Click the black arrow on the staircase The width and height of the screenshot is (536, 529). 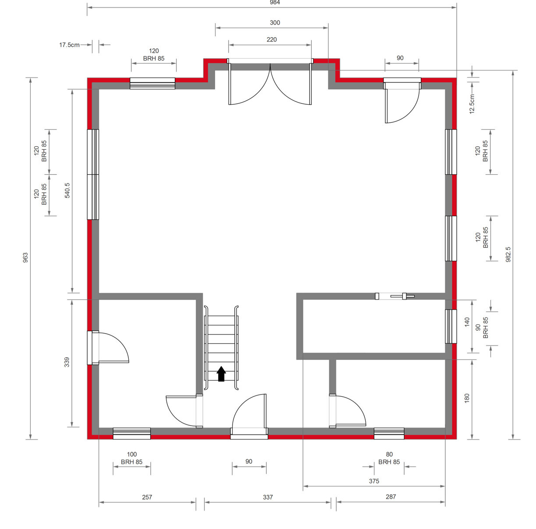(x=221, y=374)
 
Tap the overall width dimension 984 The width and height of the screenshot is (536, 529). (x=275, y=3)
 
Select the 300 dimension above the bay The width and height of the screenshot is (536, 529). (x=275, y=22)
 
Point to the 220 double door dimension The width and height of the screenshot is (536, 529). (x=272, y=39)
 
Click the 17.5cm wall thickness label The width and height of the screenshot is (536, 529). (x=69, y=45)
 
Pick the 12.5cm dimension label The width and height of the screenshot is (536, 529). (x=472, y=104)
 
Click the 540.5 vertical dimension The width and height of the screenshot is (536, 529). (x=67, y=190)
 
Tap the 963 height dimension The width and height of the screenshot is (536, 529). (x=25, y=257)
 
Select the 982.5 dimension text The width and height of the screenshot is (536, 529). (x=508, y=254)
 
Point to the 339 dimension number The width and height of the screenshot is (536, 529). (x=67, y=362)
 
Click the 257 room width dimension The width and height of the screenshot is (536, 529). (x=147, y=497)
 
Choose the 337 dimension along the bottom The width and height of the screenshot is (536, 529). (x=268, y=497)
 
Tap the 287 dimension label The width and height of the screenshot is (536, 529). (x=391, y=497)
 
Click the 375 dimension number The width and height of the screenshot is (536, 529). (x=374, y=481)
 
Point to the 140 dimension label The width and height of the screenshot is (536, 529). (x=467, y=322)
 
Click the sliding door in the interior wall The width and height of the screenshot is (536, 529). (x=395, y=296)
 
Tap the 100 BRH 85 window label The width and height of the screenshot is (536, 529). (x=131, y=458)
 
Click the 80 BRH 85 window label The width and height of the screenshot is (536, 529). (x=389, y=458)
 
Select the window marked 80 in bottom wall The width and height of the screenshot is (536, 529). (x=389, y=434)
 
